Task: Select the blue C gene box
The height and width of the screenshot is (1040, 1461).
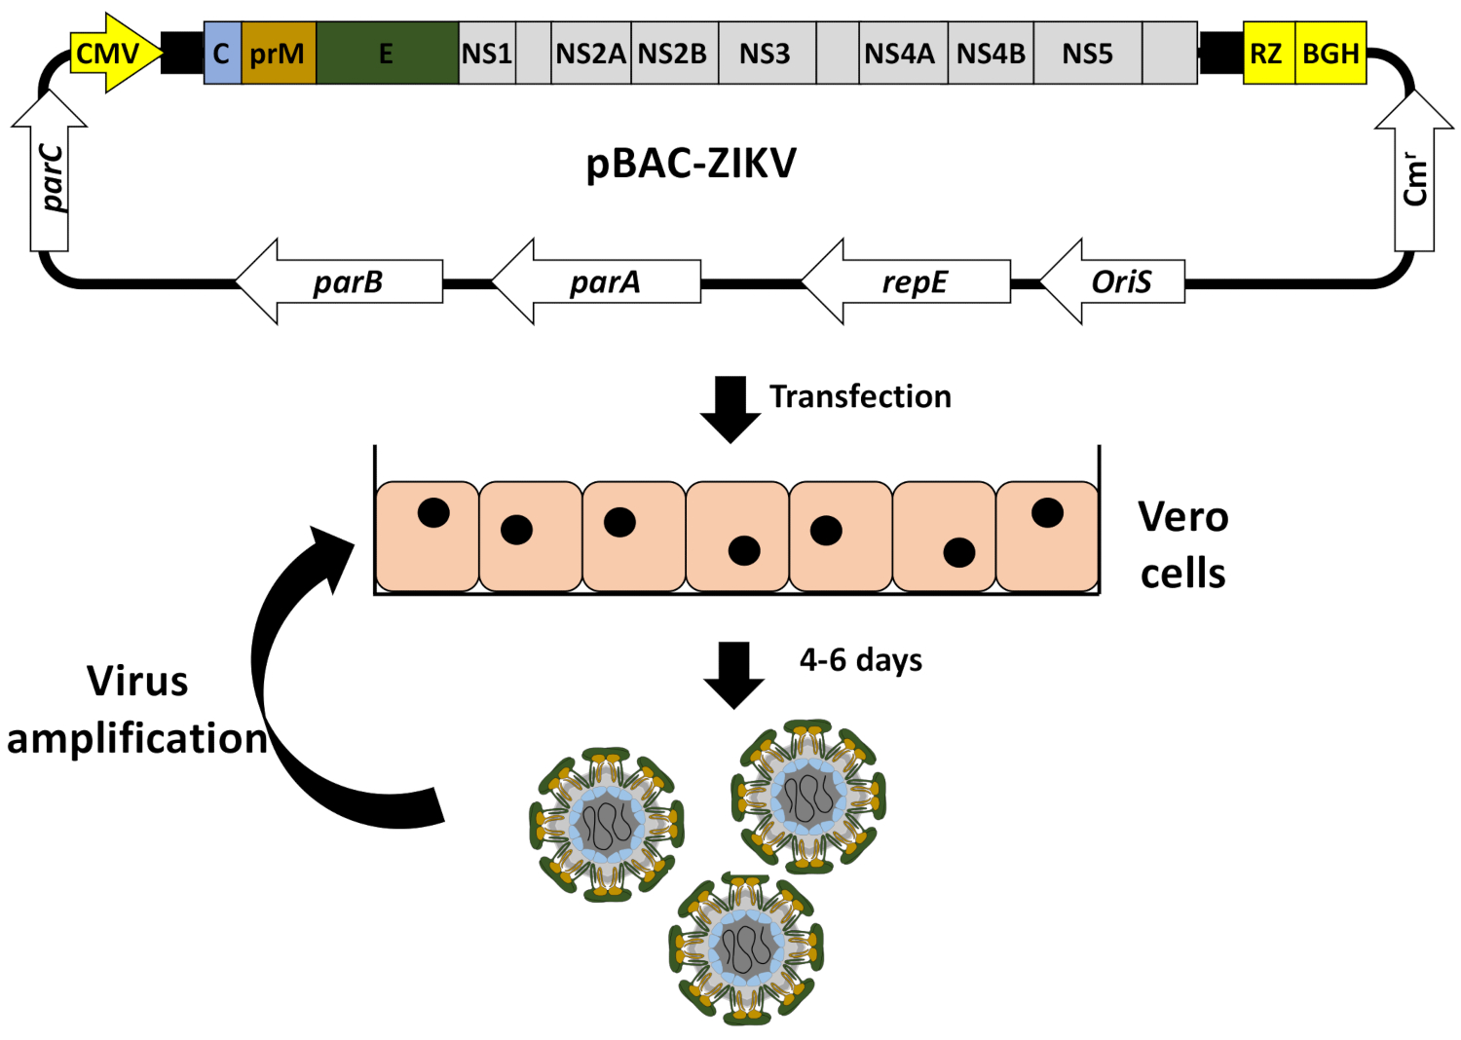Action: coord(222,54)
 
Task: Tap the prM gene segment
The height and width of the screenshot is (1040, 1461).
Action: coord(278,54)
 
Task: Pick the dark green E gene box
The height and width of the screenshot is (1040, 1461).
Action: coord(387,54)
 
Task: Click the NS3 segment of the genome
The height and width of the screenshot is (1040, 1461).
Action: coord(765,54)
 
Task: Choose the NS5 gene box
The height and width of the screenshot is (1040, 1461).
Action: coord(1087,54)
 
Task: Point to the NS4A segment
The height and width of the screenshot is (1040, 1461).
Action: coord(899,54)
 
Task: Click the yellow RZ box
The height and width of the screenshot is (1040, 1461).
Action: coord(1266,54)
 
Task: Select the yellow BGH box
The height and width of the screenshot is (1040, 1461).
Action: coord(1330,54)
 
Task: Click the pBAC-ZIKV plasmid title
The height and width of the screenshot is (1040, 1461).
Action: coord(691,164)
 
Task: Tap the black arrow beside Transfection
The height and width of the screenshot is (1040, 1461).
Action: coord(730,408)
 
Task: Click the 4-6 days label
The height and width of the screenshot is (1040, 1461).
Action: coord(861,660)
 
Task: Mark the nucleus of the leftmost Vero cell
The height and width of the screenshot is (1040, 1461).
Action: coord(433,512)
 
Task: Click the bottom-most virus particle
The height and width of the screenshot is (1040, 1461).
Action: coord(746,947)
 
